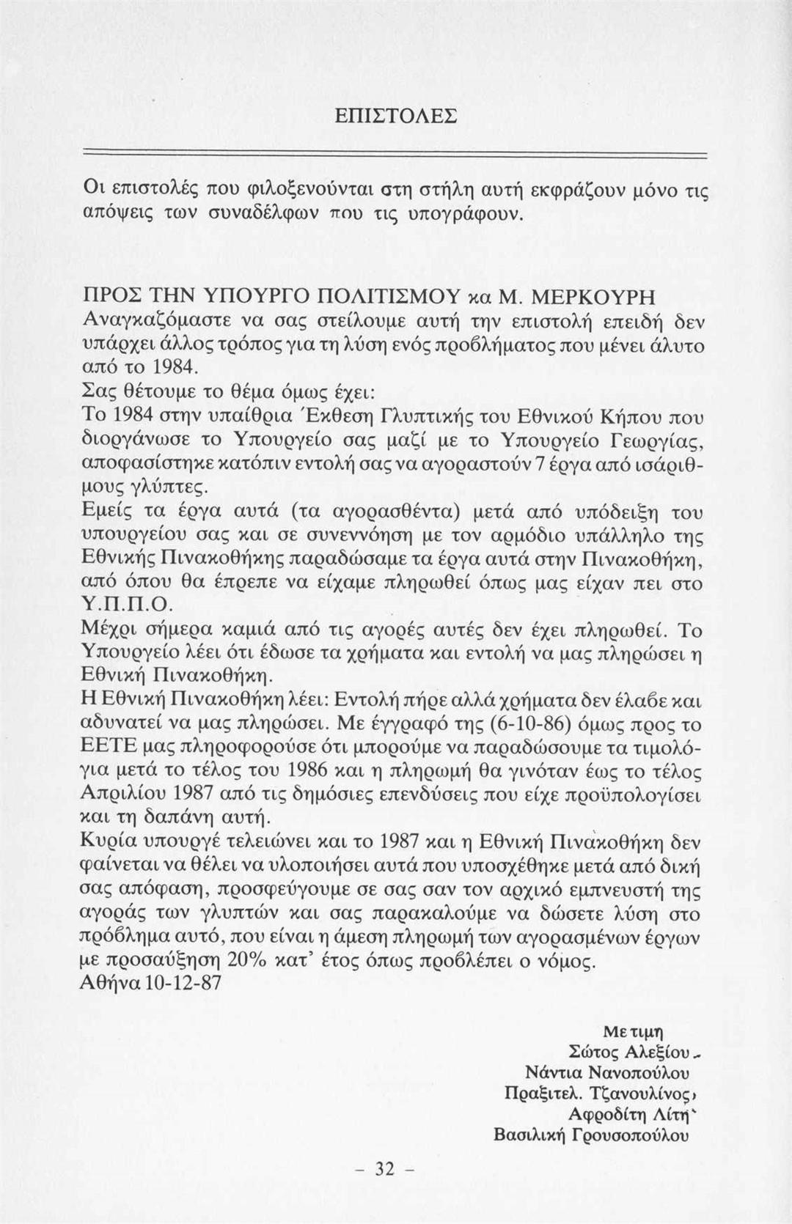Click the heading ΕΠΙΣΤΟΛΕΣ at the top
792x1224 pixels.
click(x=395, y=117)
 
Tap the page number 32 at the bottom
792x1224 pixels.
click(x=385, y=1168)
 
